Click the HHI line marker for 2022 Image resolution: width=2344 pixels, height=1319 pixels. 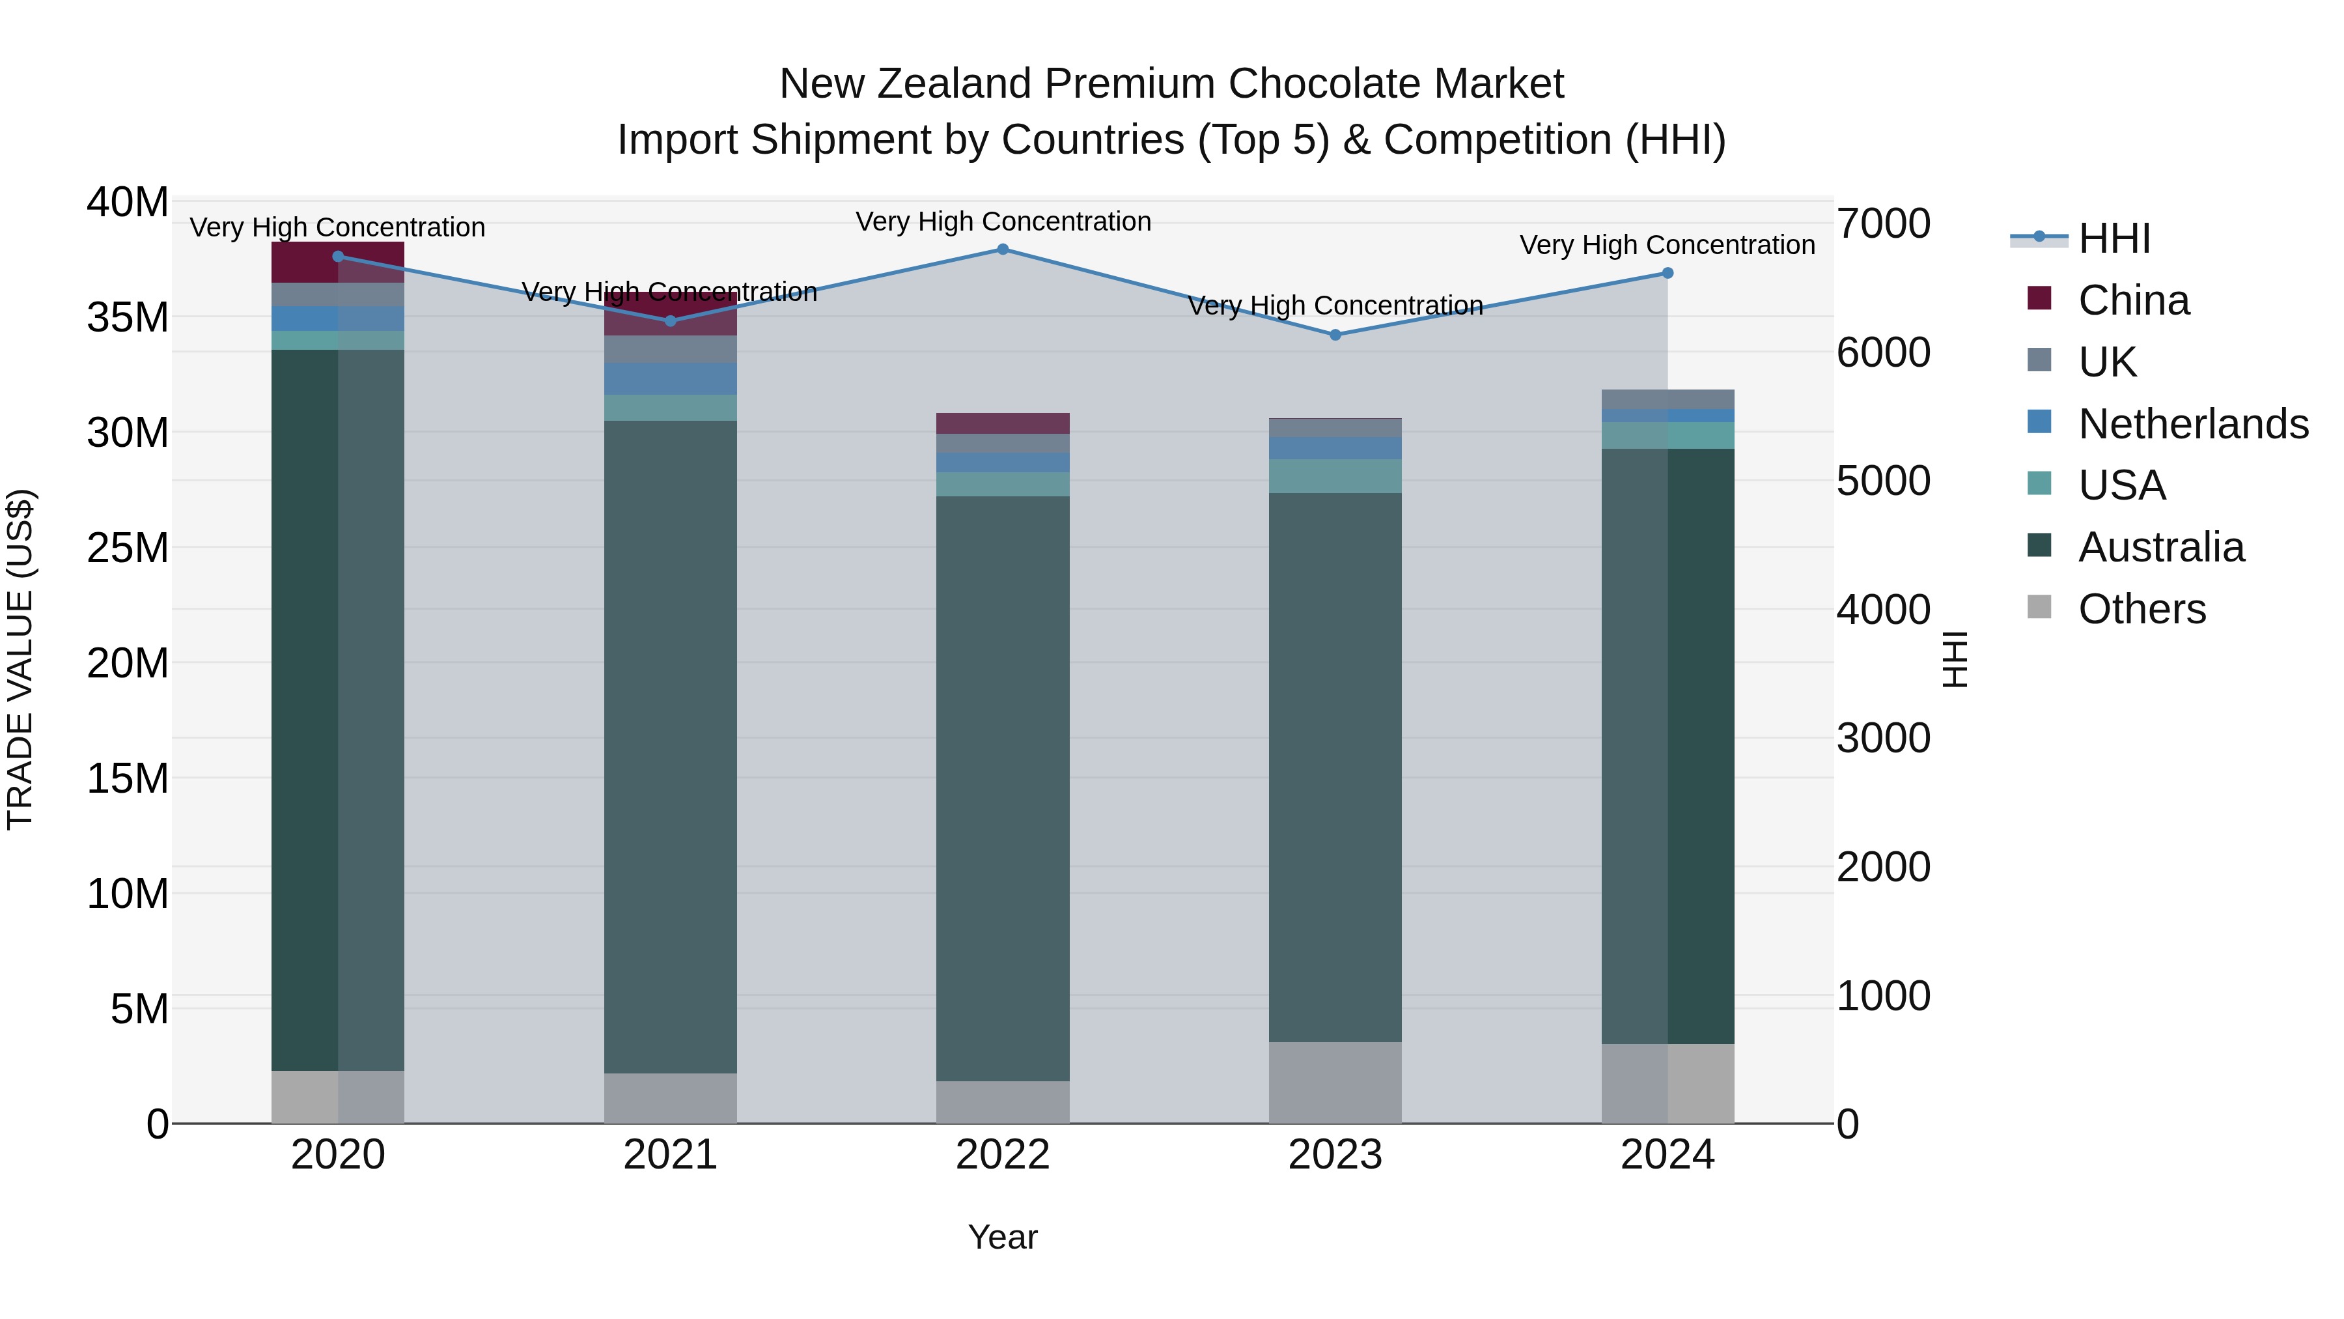1003,249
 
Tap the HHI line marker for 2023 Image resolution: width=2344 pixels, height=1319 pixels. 1335,335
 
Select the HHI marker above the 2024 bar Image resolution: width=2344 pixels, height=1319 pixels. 1667,273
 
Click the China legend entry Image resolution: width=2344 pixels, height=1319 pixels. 2133,300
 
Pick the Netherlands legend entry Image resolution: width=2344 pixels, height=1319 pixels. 2193,424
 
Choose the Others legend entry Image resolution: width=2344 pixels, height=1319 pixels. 2142,609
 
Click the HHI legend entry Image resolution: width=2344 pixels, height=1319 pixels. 2114,238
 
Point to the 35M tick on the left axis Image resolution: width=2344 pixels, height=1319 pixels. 128,318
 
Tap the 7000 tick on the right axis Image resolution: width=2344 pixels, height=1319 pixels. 1882,224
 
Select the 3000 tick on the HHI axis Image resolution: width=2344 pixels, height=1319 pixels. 1882,738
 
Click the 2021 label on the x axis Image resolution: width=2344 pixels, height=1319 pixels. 671,1155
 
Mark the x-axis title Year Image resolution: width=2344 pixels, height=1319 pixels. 1003,1237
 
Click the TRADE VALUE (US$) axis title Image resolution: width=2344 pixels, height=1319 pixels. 20,660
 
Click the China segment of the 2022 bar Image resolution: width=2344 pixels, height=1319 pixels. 1003,423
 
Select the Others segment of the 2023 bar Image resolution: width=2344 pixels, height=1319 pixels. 1335,1083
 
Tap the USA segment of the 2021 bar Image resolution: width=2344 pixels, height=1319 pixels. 671,408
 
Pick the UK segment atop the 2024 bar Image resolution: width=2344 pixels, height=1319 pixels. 1667,400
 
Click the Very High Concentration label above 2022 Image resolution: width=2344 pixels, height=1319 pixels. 1003,222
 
